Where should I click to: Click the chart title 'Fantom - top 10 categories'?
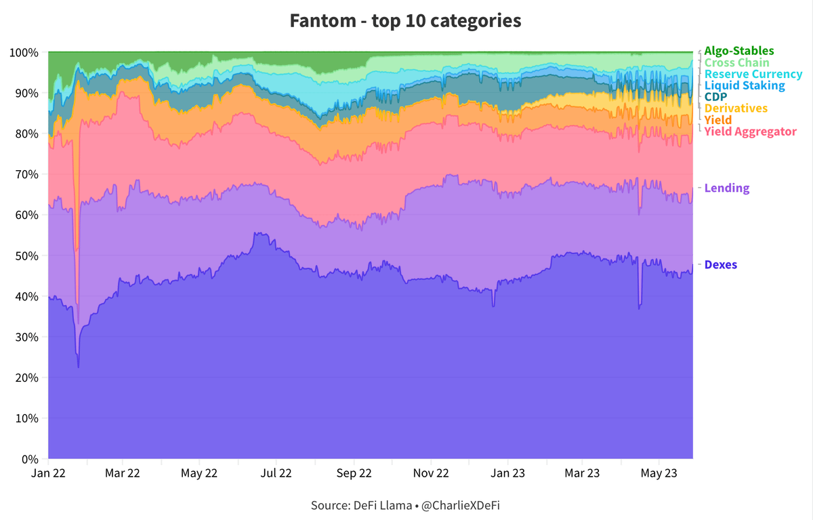(405, 20)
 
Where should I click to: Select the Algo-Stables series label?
(738, 51)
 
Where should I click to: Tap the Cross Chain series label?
(736, 62)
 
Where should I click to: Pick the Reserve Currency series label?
(753, 74)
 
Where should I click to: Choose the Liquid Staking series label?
(745, 85)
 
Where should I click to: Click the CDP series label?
(716, 97)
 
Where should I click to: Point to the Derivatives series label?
(736, 108)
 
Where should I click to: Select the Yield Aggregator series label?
(751, 132)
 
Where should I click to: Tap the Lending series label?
(727, 188)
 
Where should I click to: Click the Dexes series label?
(721, 264)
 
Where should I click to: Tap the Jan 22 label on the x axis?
(48, 473)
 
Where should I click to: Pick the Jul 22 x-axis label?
(276, 473)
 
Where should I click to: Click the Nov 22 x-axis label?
(431, 473)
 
